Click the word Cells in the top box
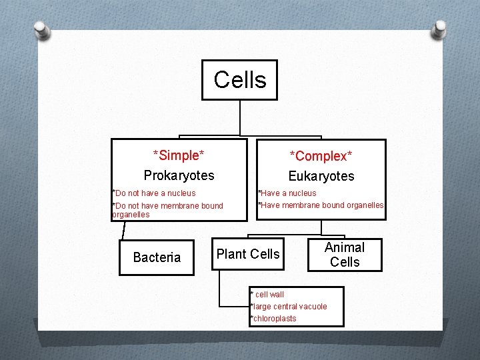pos(240,80)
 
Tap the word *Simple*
pos(179,156)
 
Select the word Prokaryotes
pos(179,175)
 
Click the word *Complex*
pos(321,157)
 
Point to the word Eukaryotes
pos(321,177)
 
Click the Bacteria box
pos(157,257)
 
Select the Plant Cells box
pos(248,254)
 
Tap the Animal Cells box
pos(345,255)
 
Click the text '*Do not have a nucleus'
pos(154,193)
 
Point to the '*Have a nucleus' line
pos(287,193)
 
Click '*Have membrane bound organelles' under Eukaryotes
pos(321,205)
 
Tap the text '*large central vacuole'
pos(288,307)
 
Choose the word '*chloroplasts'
pos(273,319)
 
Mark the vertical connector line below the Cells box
pos(240,118)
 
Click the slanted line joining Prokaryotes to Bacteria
pos(123,229)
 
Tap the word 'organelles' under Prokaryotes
pos(131,215)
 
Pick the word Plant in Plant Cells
pos(231,254)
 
